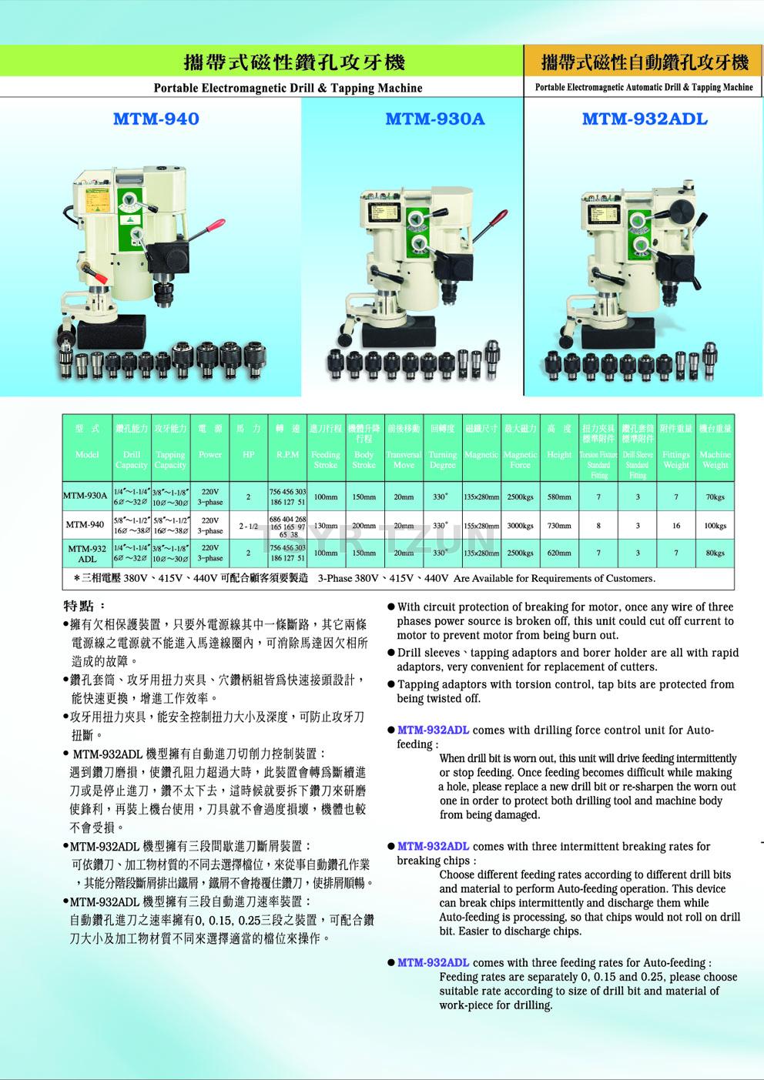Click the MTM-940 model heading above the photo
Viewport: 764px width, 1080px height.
[x=156, y=119]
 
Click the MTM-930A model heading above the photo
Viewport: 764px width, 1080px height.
[x=435, y=119]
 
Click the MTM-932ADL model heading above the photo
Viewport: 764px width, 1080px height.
[x=645, y=119]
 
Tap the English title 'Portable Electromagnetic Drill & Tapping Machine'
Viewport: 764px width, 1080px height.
[x=288, y=88]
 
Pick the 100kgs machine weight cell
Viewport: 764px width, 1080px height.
[x=715, y=526]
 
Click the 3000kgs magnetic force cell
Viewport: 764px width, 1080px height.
[x=520, y=526]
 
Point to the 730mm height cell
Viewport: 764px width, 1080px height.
[x=559, y=526]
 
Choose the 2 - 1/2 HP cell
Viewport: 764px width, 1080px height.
[x=248, y=526]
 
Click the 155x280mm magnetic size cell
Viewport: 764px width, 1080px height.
[x=481, y=526]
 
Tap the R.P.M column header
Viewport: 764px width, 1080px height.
[x=287, y=455]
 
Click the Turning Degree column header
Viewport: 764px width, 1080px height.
[x=442, y=460]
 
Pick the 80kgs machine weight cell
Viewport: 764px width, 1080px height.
[x=715, y=553]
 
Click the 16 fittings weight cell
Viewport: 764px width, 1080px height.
[x=675, y=526]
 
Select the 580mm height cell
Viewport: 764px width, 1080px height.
[x=559, y=497]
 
